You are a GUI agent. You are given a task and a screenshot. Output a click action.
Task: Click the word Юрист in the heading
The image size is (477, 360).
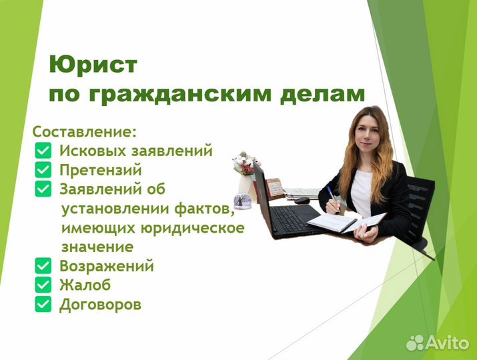pyautogui.click(x=93, y=65)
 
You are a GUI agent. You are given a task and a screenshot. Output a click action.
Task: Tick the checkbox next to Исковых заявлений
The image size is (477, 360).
pyautogui.click(x=43, y=151)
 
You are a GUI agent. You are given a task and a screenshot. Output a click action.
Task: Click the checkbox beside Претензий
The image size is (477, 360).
pyautogui.click(x=43, y=170)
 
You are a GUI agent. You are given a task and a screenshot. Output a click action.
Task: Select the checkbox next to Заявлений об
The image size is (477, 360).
pyautogui.click(x=43, y=189)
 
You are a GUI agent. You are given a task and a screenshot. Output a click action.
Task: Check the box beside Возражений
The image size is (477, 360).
pyautogui.click(x=43, y=267)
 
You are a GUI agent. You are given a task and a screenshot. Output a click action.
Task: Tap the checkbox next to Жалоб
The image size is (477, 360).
pyautogui.click(x=43, y=285)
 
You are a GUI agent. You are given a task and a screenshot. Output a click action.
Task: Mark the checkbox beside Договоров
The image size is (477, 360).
pyautogui.click(x=43, y=305)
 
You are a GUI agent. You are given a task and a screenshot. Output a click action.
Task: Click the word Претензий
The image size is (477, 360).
pyautogui.click(x=101, y=170)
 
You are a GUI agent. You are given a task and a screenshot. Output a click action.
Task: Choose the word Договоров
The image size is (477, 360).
pyautogui.click(x=101, y=305)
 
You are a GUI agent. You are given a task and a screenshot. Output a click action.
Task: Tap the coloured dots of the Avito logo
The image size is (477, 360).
pyautogui.click(x=415, y=342)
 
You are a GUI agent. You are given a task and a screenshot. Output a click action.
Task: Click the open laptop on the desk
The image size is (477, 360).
pyautogui.click(x=280, y=207)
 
